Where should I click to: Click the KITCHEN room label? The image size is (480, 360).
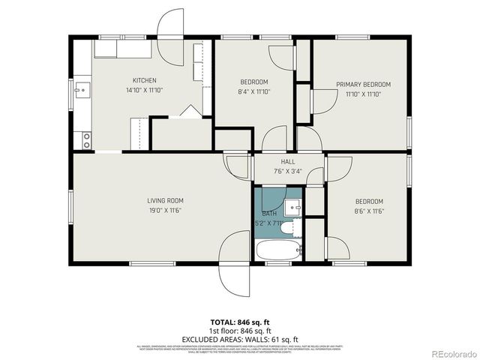(x=144, y=81)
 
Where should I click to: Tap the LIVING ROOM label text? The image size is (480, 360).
(x=165, y=200)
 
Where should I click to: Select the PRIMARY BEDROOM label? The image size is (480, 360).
(x=363, y=85)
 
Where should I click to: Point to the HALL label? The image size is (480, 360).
(x=288, y=161)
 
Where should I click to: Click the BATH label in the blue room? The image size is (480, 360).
(x=269, y=214)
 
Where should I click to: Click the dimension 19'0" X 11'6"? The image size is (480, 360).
(x=165, y=210)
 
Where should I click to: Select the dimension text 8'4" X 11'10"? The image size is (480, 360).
(x=255, y=91)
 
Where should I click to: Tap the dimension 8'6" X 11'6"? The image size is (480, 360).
(x=369, y=211)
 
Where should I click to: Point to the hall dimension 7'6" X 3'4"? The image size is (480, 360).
(x=288, y=170)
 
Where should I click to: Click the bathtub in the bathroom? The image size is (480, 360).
(x=278, y=250)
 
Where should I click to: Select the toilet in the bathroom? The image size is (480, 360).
(x=295, y=227)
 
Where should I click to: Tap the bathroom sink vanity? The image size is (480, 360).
(x=295, y=205)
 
